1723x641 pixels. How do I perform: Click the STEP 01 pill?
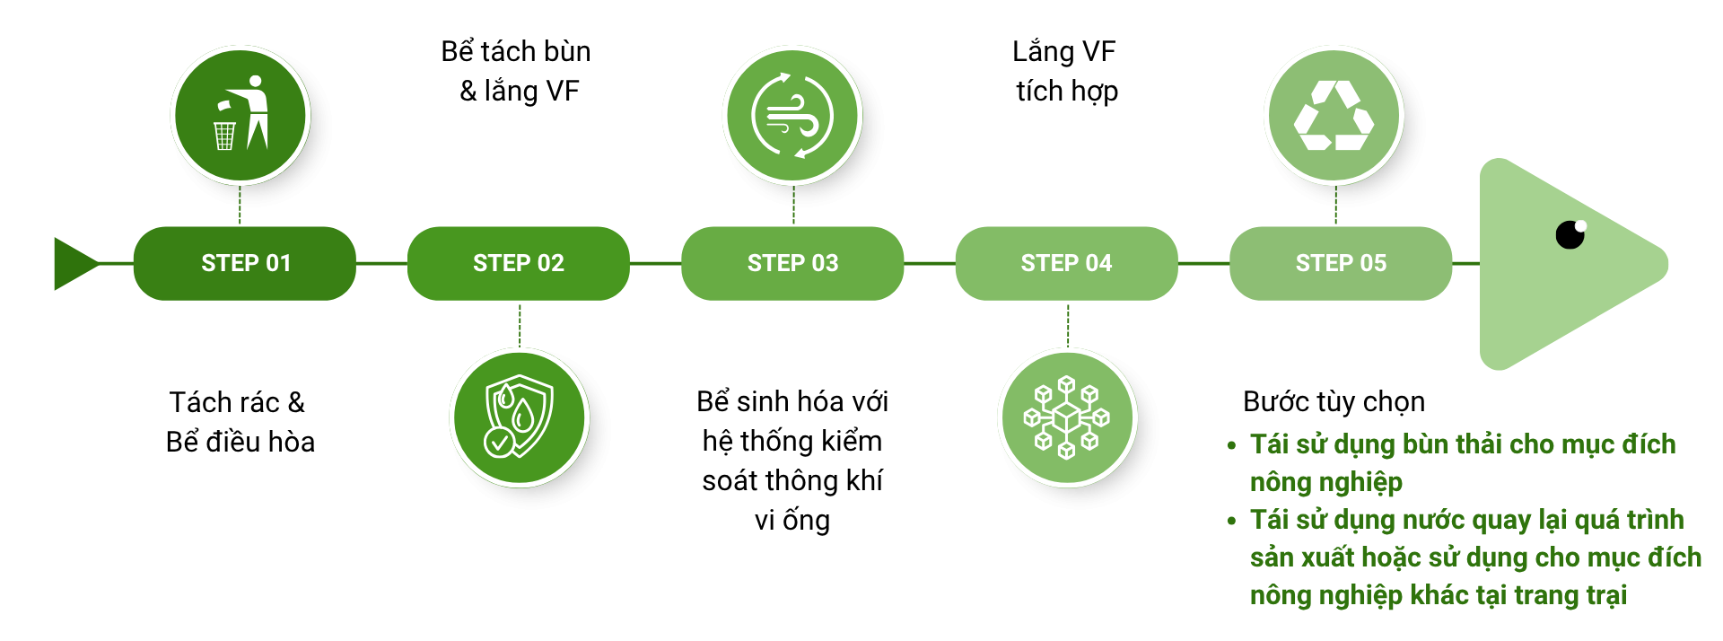point(244,263)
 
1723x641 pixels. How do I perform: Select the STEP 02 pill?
point(519,263)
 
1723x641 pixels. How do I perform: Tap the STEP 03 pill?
point(792,263)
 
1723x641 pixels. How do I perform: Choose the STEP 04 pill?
point(1066,263)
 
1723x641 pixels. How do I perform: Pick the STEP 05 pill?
point(1341,263)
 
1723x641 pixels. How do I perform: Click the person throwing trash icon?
point(241,115)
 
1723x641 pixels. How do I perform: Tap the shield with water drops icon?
point(519,417)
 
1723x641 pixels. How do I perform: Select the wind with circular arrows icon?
point(792,115)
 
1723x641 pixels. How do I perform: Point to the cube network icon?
point(1067,417)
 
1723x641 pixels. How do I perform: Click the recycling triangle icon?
point(1334,115)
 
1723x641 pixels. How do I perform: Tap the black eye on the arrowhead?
point(1570,234)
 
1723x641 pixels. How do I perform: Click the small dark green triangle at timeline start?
point(74,264)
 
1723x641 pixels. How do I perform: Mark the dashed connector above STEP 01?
point(241,206)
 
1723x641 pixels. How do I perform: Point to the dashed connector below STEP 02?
point(520,324)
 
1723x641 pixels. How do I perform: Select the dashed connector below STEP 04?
point(1068,324)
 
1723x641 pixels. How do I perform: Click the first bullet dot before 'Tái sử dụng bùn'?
point(1232,445)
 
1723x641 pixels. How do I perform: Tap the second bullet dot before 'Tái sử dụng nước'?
point(1232,521)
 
